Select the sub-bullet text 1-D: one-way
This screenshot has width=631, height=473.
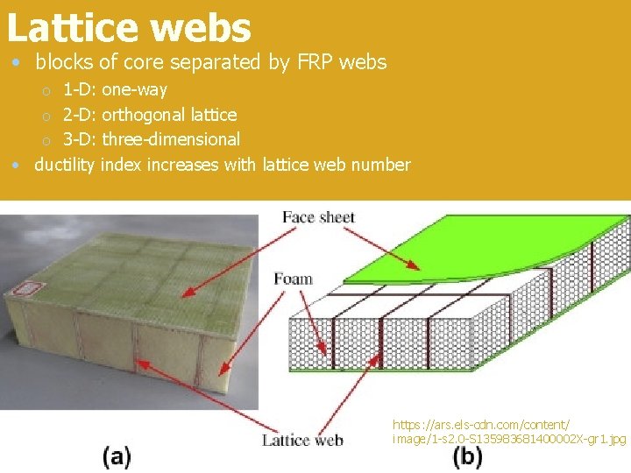point(115,89)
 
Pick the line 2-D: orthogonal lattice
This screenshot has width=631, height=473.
point(150,115)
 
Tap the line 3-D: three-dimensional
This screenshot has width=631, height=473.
point(152,139)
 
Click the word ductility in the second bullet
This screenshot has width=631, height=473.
point(65,165)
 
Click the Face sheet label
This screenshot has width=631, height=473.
point(318,216)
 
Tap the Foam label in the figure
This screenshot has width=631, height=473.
point(293,279)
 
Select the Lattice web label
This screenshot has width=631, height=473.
point(302,440)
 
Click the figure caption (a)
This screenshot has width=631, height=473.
point(117,455)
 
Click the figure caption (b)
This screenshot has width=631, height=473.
point(467,455)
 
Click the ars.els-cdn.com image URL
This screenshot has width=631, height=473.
point(508,430)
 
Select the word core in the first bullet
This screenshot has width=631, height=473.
point(141,63)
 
